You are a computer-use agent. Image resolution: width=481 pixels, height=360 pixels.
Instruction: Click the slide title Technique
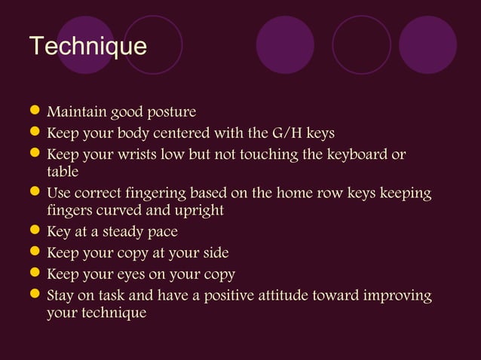click(87, 47)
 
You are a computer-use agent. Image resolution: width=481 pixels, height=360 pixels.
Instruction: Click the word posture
click(170, 113)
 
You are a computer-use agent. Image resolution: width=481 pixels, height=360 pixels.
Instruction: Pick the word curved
click(115, 210)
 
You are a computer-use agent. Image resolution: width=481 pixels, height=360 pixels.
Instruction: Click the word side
click(214, 253)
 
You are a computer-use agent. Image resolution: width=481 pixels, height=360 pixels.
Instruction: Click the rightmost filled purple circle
click(427, 44)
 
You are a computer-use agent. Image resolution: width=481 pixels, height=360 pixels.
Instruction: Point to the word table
click(63, 172)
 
